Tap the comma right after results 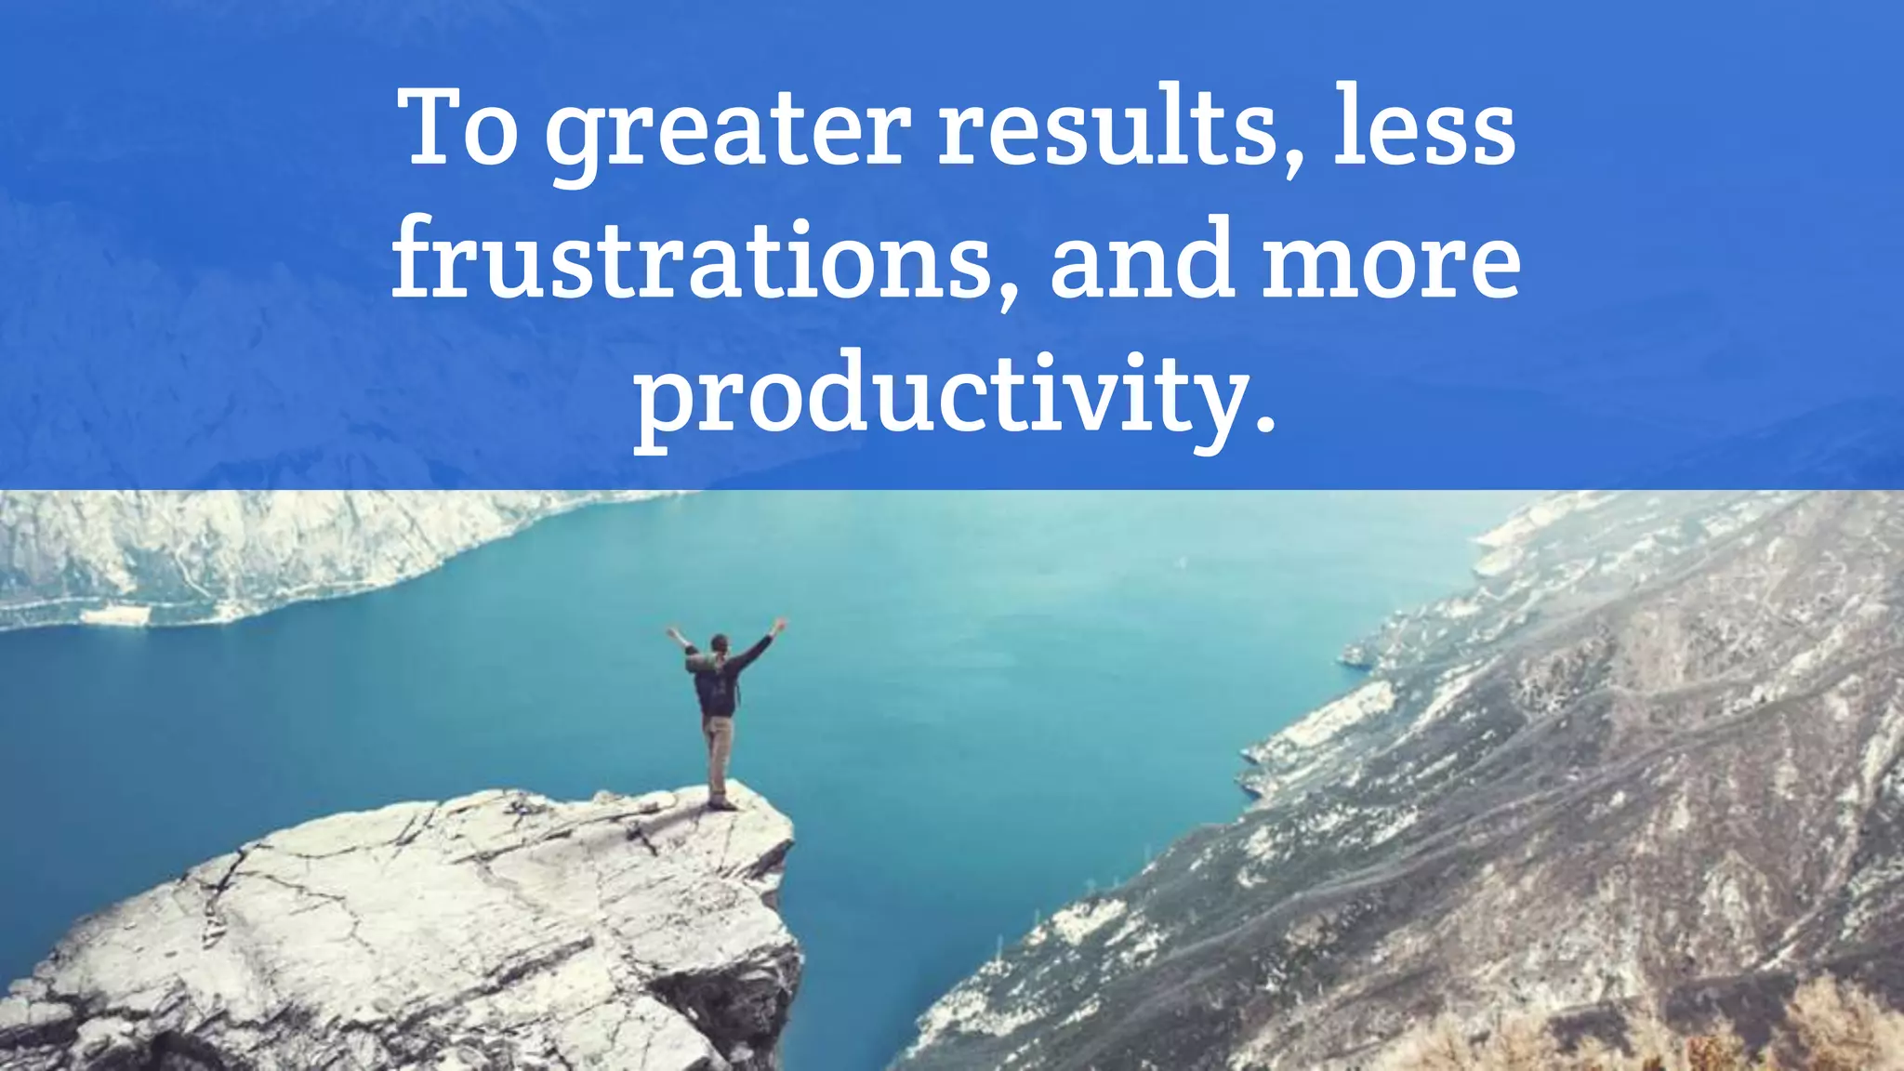pyautogui.click(x=1292, y=164)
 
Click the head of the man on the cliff pyautogui.click(x=719, y=643)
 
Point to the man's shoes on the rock pyautogui.click(x=721, y=802)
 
